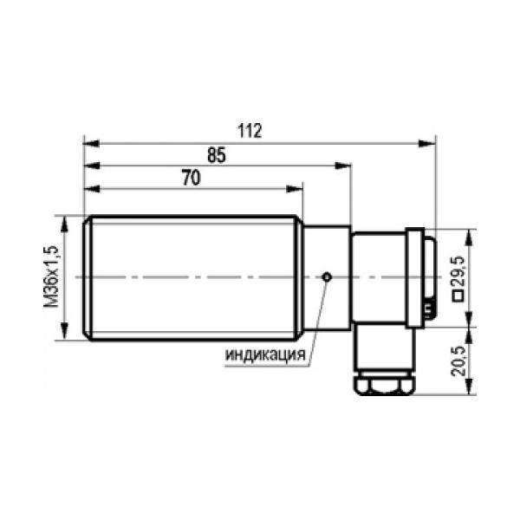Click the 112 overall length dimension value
250,131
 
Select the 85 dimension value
217,155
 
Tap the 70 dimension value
192,178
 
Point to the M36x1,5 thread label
51,276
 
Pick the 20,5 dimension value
458,361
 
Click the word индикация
265,354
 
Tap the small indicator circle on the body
327,276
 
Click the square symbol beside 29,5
458,296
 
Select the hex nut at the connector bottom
384,387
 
